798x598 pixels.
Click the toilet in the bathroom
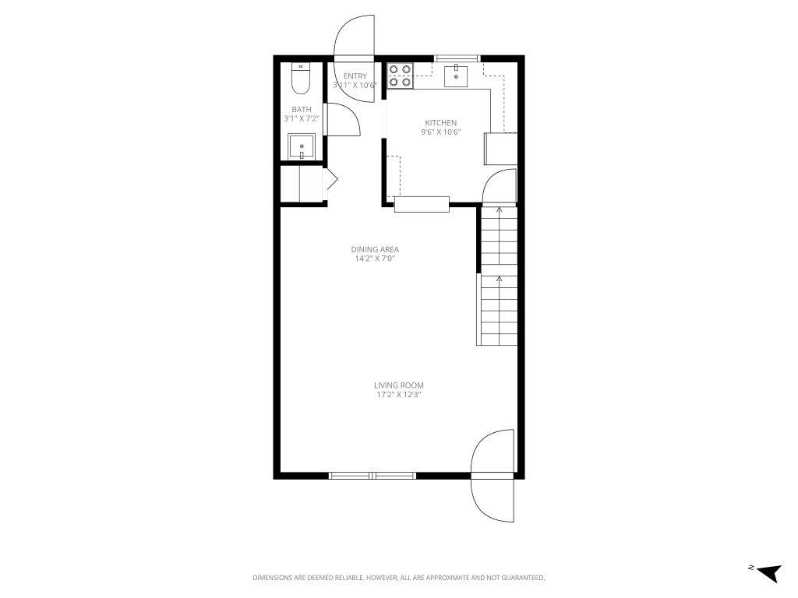pyautogui.click(x=300, y=77)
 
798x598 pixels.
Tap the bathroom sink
pyautogui.click(x=301, y=146)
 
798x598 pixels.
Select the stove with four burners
pyautogui.click(x=401, y=75)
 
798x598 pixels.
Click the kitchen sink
pyautogui.click(x=456, y=76)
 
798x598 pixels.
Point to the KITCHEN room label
pyautogui.click(x=440, y=123)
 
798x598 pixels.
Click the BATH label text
pyautogui.click(x=302, y=110)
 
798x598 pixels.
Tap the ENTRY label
pyautogui.click(x=355, y=76)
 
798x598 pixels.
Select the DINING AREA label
pyautogui.click(x=374, y=250)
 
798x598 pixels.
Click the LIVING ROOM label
pyautogui.click(x=398, y=385)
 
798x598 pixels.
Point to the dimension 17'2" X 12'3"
pyautogui.click(x=398, y=395)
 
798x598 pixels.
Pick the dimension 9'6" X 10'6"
pyautogui.click(x=441, y=132)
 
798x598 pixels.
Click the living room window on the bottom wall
pyautogui.click(x=373, y=475)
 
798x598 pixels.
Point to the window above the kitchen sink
pyautogui.click(x=456, y=58)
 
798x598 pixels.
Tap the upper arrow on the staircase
pyautogui.click(x=500, y=209)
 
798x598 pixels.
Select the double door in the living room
pyautogui.click(x=494, y=475)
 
